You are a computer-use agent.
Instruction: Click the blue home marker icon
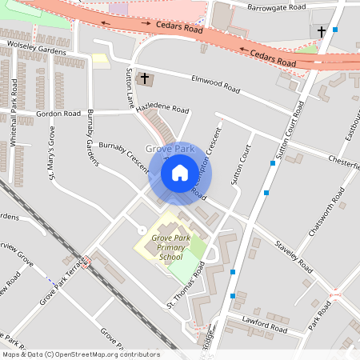[x=179, y=172]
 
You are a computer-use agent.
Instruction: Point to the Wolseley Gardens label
[x=36, y=49]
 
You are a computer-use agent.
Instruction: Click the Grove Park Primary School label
[x=170, y=247]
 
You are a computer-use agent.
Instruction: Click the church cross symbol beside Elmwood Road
[x=145, y=78]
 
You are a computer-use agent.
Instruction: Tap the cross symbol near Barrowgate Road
[x=322, y=32]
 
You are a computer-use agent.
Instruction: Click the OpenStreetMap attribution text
[x=80, y=354]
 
